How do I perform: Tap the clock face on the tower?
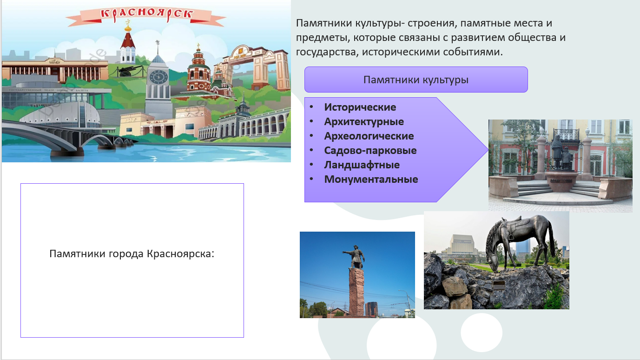[x=158, y=77]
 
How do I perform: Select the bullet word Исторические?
[x=360, y=107]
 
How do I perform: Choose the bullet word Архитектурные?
[x=364, y=122]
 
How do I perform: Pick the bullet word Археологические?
[x=369, y=136]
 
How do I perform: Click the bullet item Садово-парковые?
[x=370, y=151]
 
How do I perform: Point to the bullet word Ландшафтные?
[x=362, y=165]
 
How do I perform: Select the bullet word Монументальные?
[x=371, y=179]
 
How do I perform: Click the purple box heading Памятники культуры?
[x=416, y=80]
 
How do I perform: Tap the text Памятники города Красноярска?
[x=132, y=253]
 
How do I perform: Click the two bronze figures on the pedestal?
[x=561, y=153]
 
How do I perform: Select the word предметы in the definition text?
[x=323, y=38]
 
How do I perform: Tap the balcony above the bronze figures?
[x=567, y=134]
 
